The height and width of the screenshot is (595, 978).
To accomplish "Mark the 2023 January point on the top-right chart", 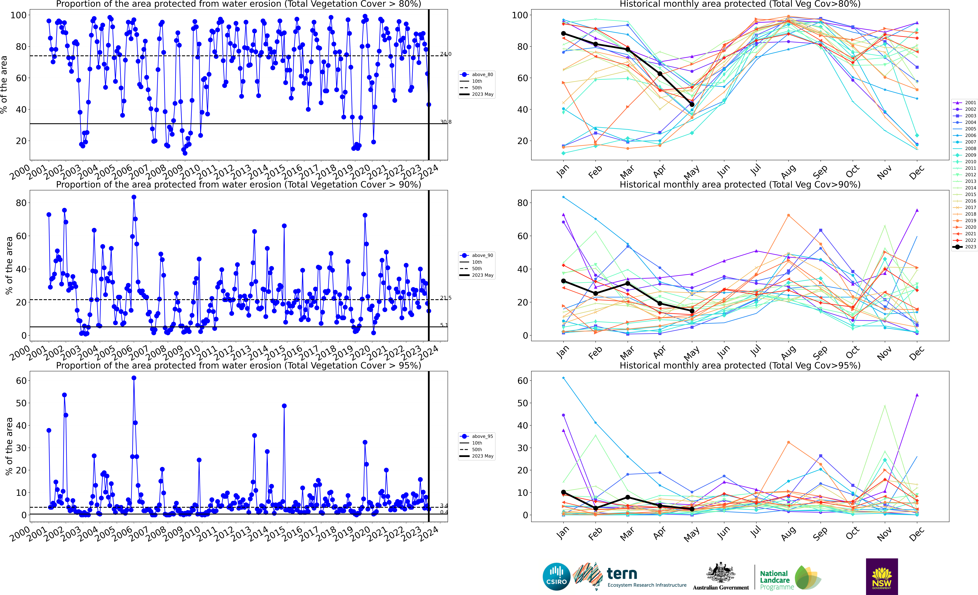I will (x=563, y=34).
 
